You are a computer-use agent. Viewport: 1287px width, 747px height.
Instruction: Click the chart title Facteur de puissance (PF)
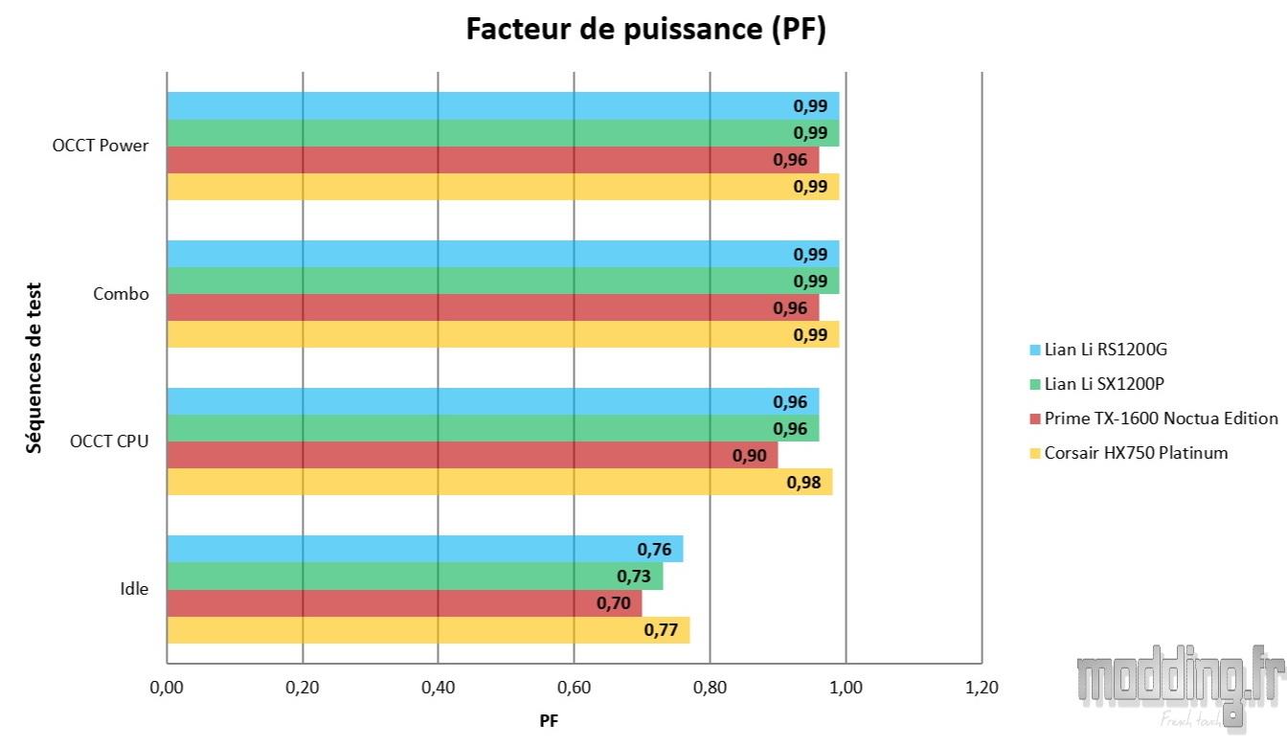pyautogui.click(x=645, y=30)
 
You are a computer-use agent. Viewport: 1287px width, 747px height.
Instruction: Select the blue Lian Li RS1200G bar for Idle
pyautogui.click(x=424, y=549)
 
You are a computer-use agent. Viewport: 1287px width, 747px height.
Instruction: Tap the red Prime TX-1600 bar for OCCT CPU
pyautogui.click(x=472, y=455)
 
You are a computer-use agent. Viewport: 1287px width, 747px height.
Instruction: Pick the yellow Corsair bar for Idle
pyautogui.click(x=428, y=630)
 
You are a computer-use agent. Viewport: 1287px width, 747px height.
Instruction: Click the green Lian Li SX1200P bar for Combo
pyautogui.click(x=503, y=281)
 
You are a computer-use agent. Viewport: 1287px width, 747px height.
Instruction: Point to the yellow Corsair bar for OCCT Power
pyautogui.click(x=503, y=187)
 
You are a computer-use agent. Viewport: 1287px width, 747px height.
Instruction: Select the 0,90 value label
pyautogui.click(x=749, y=456)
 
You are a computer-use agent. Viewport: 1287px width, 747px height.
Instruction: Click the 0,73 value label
pyautogui.click(x=634, y=577)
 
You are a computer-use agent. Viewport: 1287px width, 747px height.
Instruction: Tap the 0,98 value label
pyautogui.click(x=803, y=483)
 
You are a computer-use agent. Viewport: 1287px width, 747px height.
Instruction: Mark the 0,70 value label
pyautogui.click(x=614, y=603)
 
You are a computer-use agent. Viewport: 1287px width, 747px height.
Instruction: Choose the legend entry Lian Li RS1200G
pyautogui.click(x=1105, y=350)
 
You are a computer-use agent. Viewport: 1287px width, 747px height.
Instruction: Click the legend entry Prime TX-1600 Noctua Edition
pyautogui.click(x=1161, y=419)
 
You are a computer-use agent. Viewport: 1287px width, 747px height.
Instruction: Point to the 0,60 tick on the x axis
pyautogui.click(x=574, y=688)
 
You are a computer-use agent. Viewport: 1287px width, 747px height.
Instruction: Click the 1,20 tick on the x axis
pyautogui.click(x=982, y=688)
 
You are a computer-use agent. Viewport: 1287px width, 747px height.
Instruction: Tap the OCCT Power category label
pyautogui.click(x=101, y=147)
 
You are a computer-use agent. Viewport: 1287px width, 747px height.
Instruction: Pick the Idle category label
pyautogui.click(x=134, y=589)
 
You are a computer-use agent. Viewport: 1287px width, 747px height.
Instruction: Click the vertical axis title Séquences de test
pyautogui.click(x=34, y=367)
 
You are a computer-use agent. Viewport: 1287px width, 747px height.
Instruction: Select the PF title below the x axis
pyautogui.click(x=549, y=721)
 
